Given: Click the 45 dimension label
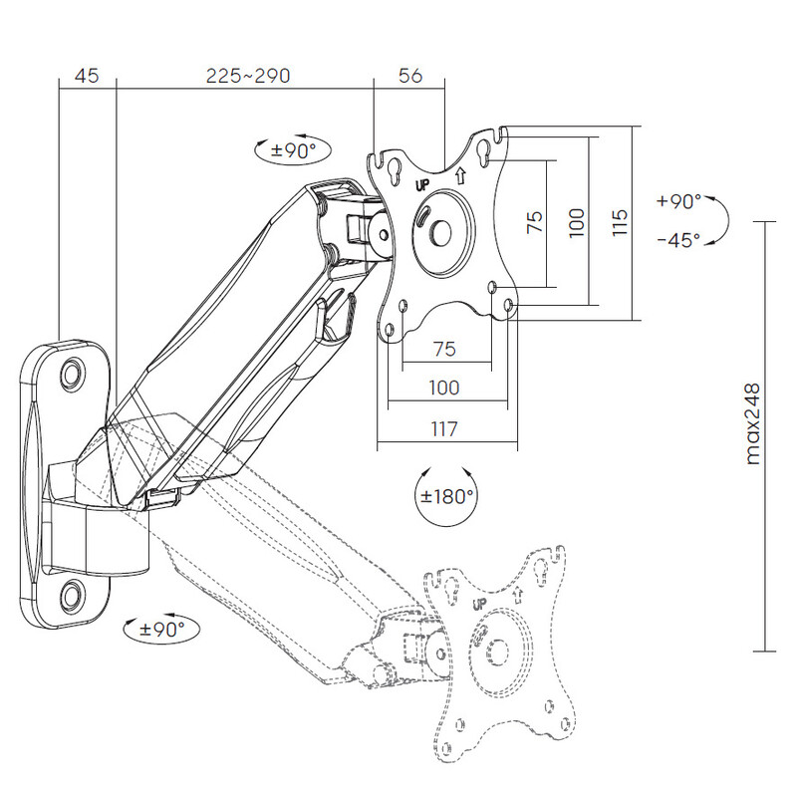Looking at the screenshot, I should click(87, 76).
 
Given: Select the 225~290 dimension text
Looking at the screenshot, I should click(248, 76).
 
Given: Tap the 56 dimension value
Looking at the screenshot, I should click(409, 76).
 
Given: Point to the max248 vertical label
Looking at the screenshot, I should click(752, 423).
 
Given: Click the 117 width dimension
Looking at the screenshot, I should click(443, 430).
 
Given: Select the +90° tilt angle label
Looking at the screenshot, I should click(679, 201).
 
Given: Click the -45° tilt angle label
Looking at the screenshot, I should click(678, 240).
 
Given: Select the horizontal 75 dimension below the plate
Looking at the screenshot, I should click(444, 349).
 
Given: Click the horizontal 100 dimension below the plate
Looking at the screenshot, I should click(444, 387).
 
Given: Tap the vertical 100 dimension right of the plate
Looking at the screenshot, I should click(576, 221).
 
